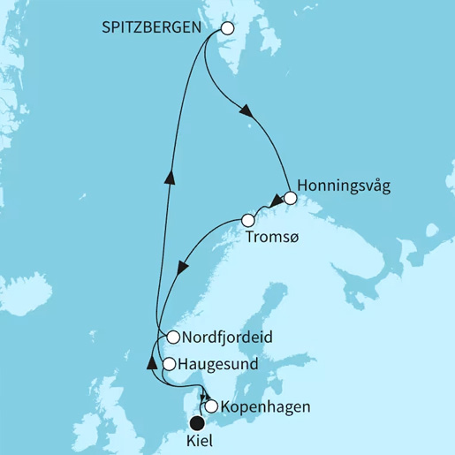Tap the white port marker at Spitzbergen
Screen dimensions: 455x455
tap(227, 28)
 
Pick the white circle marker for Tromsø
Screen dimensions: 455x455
tap(248, 219)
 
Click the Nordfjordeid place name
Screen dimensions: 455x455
tap(224, 337)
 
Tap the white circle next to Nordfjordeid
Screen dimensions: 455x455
tap(173, 337)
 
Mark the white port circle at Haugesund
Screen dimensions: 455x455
tap(169, 363)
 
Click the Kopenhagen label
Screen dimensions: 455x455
tap(258, 408)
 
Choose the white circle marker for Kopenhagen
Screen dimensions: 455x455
tap(211, 407)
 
